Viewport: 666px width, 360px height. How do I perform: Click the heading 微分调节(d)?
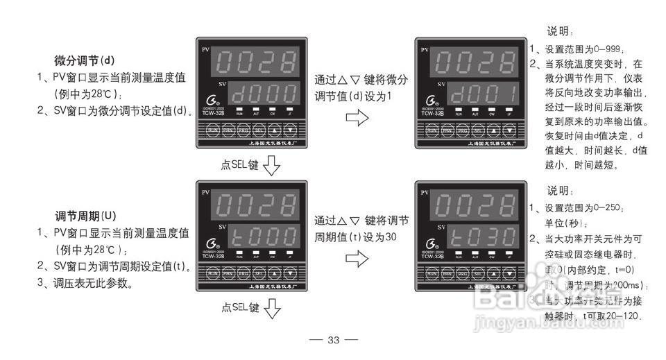[85, 60]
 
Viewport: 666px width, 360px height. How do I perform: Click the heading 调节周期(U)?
[85, 215]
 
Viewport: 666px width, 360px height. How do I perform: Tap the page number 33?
[333, 340]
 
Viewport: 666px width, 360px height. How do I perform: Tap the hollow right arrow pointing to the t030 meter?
[358, 259]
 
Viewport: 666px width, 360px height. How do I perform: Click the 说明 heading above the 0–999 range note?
[561, 32]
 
